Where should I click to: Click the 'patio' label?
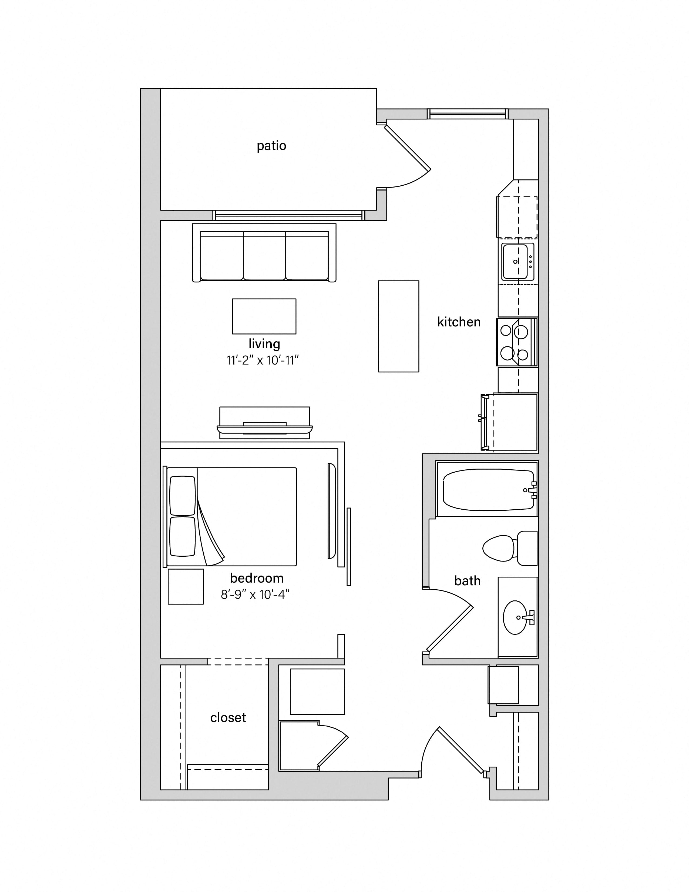pos(271,146)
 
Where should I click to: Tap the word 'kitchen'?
pos(459,322)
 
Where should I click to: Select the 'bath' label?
pos(467,580)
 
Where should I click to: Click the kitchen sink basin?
pos(515,261)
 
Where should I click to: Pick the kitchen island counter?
pos(398,326)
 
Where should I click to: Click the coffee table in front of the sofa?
pos(264,316)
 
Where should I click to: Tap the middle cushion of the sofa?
pos(264,256)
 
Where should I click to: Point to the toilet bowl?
pos(499,548)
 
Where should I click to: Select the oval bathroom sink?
pos(515,617)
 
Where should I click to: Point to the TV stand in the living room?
pos(264,423)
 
